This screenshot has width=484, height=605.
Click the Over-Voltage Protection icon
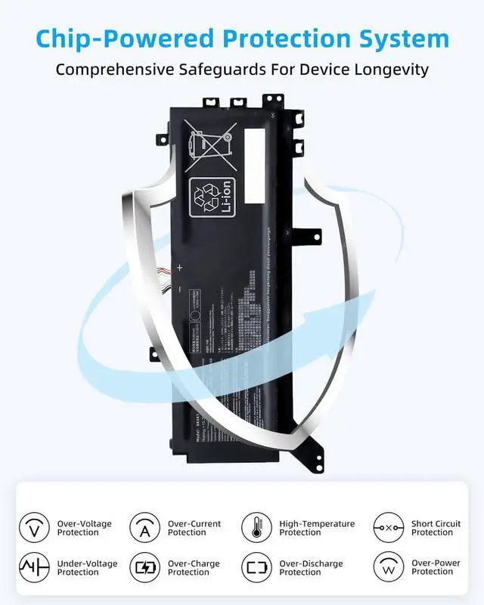(x=33, y=527)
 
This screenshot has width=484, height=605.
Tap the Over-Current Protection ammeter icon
(x=144, y=527)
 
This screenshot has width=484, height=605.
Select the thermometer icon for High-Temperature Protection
(x=256, y=527)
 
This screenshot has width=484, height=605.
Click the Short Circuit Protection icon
(x=389, y=527)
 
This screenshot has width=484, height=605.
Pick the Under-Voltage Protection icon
(x=33, y=567)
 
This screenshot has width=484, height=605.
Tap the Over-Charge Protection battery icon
(x=144, y=567)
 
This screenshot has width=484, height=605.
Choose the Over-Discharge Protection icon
(x=256, y=567)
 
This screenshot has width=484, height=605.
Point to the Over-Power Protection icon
(x=389, y=567)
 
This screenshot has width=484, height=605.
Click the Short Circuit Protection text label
(x=436, y=528)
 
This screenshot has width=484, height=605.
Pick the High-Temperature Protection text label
(x=316, y=528)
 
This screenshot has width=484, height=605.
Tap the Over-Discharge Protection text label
(x=311, y=568)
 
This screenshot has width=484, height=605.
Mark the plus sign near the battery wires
(x=179, y=267)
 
